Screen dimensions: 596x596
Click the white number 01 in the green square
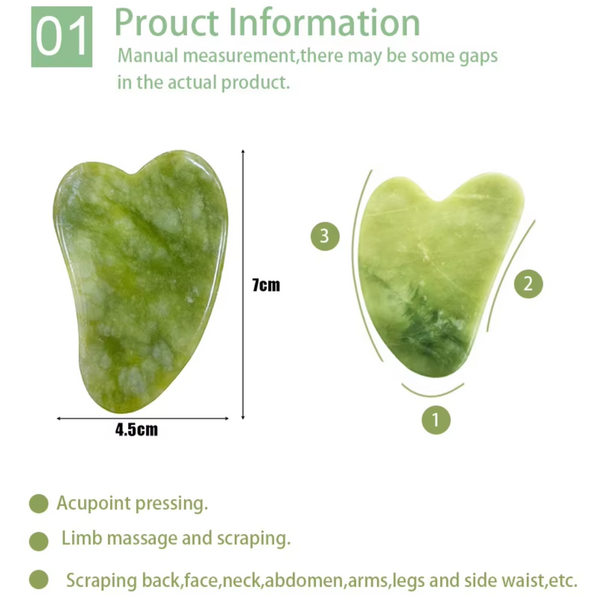pos(61,37)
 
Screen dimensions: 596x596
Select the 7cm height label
pos(266,285)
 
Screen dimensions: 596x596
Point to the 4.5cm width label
pos(136,430)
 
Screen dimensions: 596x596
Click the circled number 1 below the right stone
pos(436,419)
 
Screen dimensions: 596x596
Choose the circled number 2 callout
pos(528,283)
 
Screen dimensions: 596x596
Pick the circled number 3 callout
pos(324,237)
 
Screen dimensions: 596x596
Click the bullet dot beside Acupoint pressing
pos(38,504)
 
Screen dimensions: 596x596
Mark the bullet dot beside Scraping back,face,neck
pos(38,580)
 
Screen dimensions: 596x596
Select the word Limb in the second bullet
pos(79,538)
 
